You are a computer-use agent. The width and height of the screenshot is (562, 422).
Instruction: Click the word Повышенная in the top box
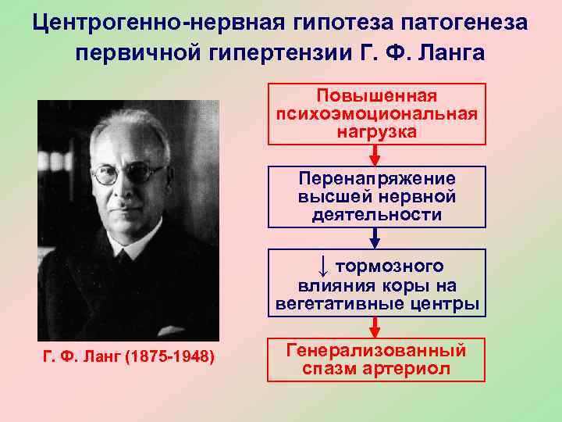(376, 95)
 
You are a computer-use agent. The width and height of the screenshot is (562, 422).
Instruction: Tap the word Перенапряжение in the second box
(376, 178)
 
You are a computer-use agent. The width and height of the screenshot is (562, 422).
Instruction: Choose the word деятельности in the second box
(376, 213)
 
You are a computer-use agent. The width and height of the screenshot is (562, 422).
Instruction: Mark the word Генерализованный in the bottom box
(376, 350)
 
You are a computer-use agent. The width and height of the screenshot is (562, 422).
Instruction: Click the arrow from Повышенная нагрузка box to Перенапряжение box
(376, 155)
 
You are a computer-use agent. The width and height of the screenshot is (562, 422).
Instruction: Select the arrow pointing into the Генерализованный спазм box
(376, 327)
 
